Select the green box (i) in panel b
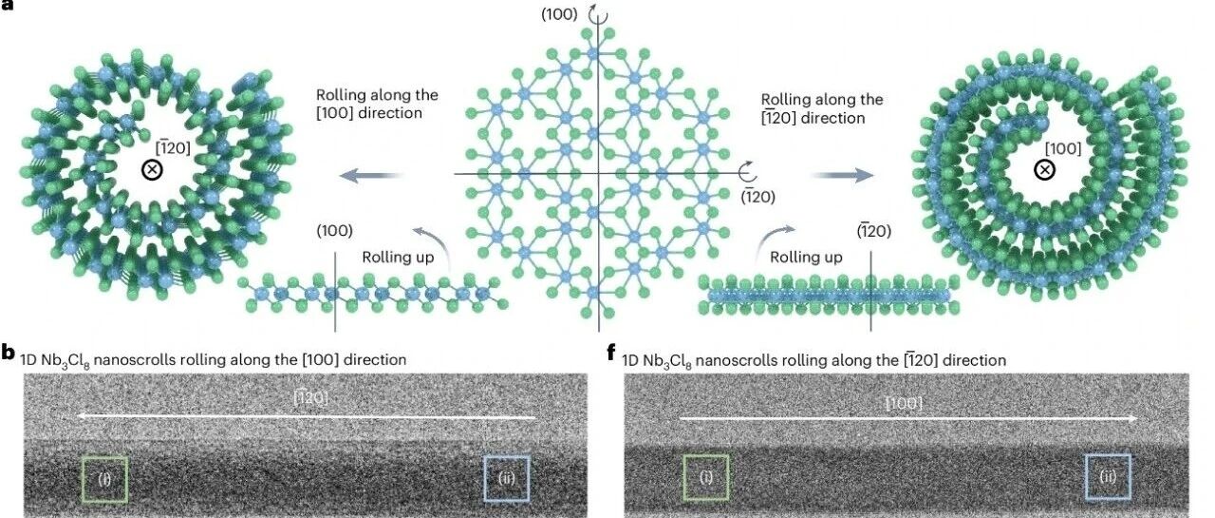click(104, 478)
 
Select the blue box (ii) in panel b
click(507, 478)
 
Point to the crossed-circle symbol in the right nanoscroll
click(1044, 170)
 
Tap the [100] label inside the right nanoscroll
click(1062, 148)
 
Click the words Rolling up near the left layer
click(396, 258)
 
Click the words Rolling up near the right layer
click(806, 258)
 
